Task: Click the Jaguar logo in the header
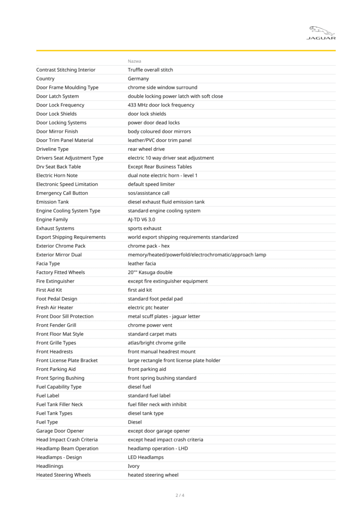[321, 33]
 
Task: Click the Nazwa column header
[135, 61]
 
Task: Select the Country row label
[45, 79]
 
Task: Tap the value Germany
[138, 79]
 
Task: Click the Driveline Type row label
[52, 149]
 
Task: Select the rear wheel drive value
[146, 149]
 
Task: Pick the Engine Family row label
[52, 219]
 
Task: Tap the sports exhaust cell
[144, 228]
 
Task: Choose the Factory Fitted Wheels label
[60, 272]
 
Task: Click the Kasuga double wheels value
[150, 272]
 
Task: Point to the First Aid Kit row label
[49, 290]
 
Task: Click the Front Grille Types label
[56, 343]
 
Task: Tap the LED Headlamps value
[146, 457]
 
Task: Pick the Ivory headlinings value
[134, 466]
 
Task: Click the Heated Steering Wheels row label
[64, 475]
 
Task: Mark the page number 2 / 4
[180, 495]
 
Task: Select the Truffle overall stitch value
[150, 70]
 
